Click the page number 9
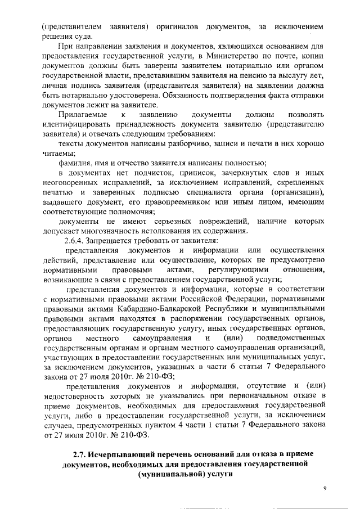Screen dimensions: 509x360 click(x=325, y=488)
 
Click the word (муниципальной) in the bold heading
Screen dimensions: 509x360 click(x=166, y=475)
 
